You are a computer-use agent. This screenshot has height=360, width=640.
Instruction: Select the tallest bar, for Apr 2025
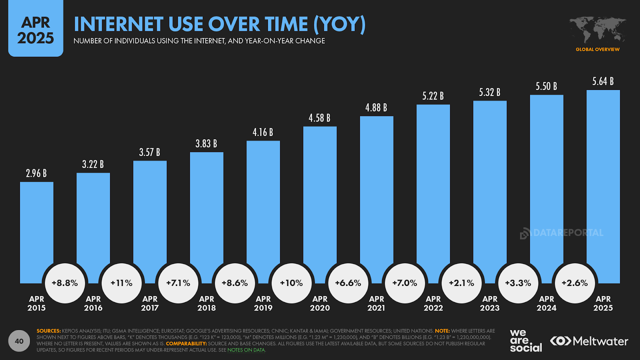click(x=603, y=180)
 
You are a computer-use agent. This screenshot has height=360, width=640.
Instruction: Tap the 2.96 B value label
click(x=36, y=173)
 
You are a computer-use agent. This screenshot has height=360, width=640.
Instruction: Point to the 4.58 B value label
click(x=319, y=118)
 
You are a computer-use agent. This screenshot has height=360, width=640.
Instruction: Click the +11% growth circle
click(x=122, y=283)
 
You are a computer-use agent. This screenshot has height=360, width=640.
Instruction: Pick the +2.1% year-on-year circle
click(x=461, y=283)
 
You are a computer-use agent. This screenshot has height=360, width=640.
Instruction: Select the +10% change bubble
click(x=291, y=283)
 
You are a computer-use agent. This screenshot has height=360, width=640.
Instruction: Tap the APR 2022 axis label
click(x=433, y=304)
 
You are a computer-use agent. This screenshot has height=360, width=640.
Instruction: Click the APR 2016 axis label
click(x=93, y=304)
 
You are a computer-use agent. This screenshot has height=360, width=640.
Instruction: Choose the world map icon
click(x=598, y=30)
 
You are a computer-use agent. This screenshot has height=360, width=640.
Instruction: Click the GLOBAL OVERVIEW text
click(x=598, y=50)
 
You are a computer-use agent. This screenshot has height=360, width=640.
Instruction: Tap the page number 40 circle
click(x=19, y=341)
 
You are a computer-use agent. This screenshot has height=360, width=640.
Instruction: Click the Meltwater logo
click(x=589, y=341)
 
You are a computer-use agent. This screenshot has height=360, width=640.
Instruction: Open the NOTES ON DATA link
click(x=246, y=350)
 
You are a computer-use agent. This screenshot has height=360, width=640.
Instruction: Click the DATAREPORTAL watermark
click(x=562, y=233)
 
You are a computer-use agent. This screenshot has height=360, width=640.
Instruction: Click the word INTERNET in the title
click(x=118, y=24)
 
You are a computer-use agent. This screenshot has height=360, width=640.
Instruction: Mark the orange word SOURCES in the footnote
click(x=48, y=331)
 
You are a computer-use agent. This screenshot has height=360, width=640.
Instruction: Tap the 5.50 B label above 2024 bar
click(x=546, y=86)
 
